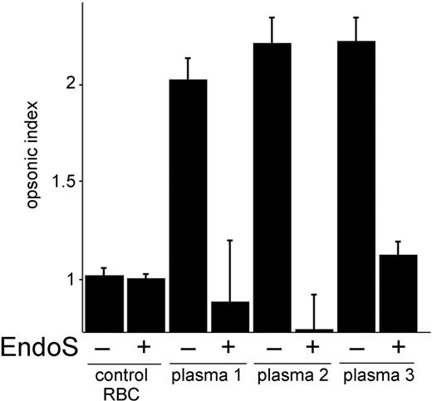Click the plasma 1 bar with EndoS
(229, 316)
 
